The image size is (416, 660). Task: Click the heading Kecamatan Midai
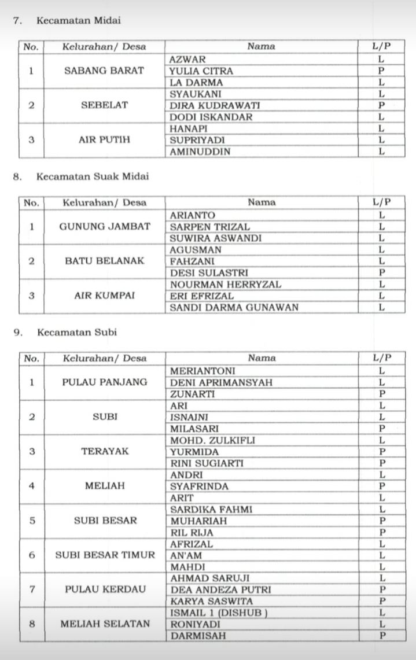78,21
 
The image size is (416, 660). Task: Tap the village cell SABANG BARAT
104,71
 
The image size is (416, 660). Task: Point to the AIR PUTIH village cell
104,140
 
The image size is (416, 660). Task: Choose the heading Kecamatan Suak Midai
93,176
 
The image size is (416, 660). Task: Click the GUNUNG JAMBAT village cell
104,227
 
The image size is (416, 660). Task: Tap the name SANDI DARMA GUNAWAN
234,307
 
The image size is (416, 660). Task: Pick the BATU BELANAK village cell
104,261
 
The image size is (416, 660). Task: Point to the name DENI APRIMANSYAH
221,382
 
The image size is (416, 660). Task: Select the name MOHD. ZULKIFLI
212,440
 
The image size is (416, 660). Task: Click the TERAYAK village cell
105,451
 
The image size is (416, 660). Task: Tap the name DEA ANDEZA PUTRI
220,590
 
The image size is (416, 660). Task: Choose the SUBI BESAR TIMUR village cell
105,555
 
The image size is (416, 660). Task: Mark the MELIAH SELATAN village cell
105,624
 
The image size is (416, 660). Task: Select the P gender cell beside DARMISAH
382,636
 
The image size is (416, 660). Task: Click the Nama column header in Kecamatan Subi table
262,358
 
